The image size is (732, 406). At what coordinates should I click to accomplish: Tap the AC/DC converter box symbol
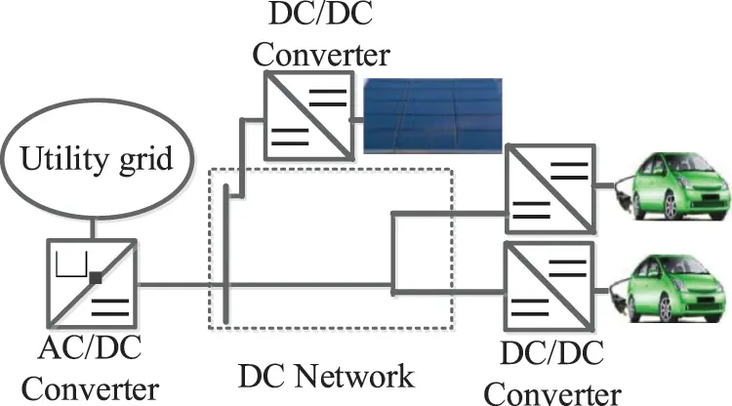click(x=94, y=285)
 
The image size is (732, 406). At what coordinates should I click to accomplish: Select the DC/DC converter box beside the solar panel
click(x=306, y=119)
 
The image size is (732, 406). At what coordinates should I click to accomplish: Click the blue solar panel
click(x=430, y=116)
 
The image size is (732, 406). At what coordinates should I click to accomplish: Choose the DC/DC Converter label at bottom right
click(x=551, y=375)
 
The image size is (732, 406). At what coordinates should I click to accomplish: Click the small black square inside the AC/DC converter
click(x=96, y=278)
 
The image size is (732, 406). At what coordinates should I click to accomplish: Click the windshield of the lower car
click(x=673, y=267)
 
